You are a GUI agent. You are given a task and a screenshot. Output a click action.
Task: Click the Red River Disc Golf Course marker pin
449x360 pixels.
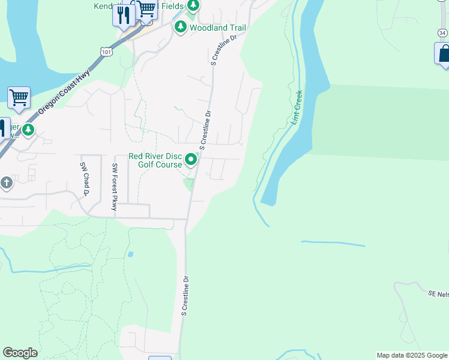191,160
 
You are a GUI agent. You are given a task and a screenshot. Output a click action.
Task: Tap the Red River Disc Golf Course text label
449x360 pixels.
155,160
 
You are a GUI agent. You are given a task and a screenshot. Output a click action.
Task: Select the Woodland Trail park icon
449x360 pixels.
180,27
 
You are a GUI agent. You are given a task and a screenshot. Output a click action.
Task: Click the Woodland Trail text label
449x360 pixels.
217,28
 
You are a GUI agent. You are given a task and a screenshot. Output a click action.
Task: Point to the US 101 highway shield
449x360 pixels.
106,52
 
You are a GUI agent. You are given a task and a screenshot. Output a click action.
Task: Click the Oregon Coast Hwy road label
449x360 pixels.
64,90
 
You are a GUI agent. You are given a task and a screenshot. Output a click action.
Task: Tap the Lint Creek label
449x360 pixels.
298,107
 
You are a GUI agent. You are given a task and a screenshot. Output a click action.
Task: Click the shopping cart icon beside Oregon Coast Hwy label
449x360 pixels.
19,97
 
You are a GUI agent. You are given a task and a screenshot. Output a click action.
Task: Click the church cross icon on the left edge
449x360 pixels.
7,182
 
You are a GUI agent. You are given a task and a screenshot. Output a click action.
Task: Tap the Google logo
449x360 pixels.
20,353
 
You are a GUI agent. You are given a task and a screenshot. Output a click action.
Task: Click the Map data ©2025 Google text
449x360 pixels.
412,355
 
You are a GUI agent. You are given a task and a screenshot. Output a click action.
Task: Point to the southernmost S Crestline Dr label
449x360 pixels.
185,296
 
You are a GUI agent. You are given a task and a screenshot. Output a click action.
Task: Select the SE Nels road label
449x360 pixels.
439,294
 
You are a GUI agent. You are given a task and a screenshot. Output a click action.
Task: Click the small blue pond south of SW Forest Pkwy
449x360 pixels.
130,254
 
